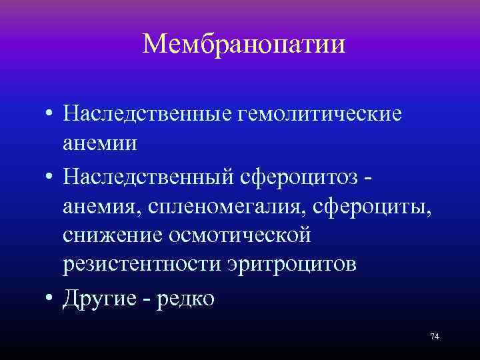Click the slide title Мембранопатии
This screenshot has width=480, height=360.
click(244, 45)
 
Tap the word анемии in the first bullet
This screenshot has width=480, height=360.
click(109, 143)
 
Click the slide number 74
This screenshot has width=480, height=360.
click(435, 337)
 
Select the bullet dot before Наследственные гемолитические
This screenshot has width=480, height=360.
click(51, 115)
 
